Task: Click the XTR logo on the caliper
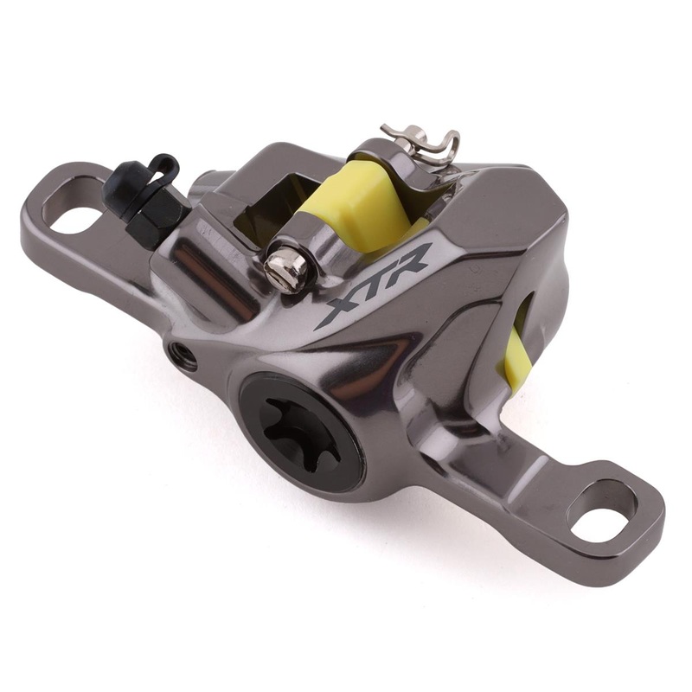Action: tap(373, 285)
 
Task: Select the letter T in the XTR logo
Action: tap(374, 282)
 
